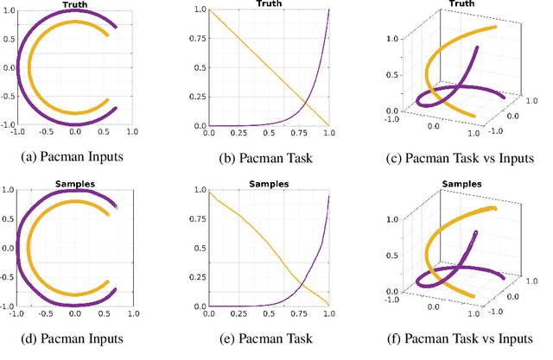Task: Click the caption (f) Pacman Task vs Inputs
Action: pos(461,338)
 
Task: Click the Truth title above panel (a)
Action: pos(75,4)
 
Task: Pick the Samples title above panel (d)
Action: pos(75,184)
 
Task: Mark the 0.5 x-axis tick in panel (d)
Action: pos(104,313)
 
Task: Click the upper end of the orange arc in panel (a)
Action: pos(108,35)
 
